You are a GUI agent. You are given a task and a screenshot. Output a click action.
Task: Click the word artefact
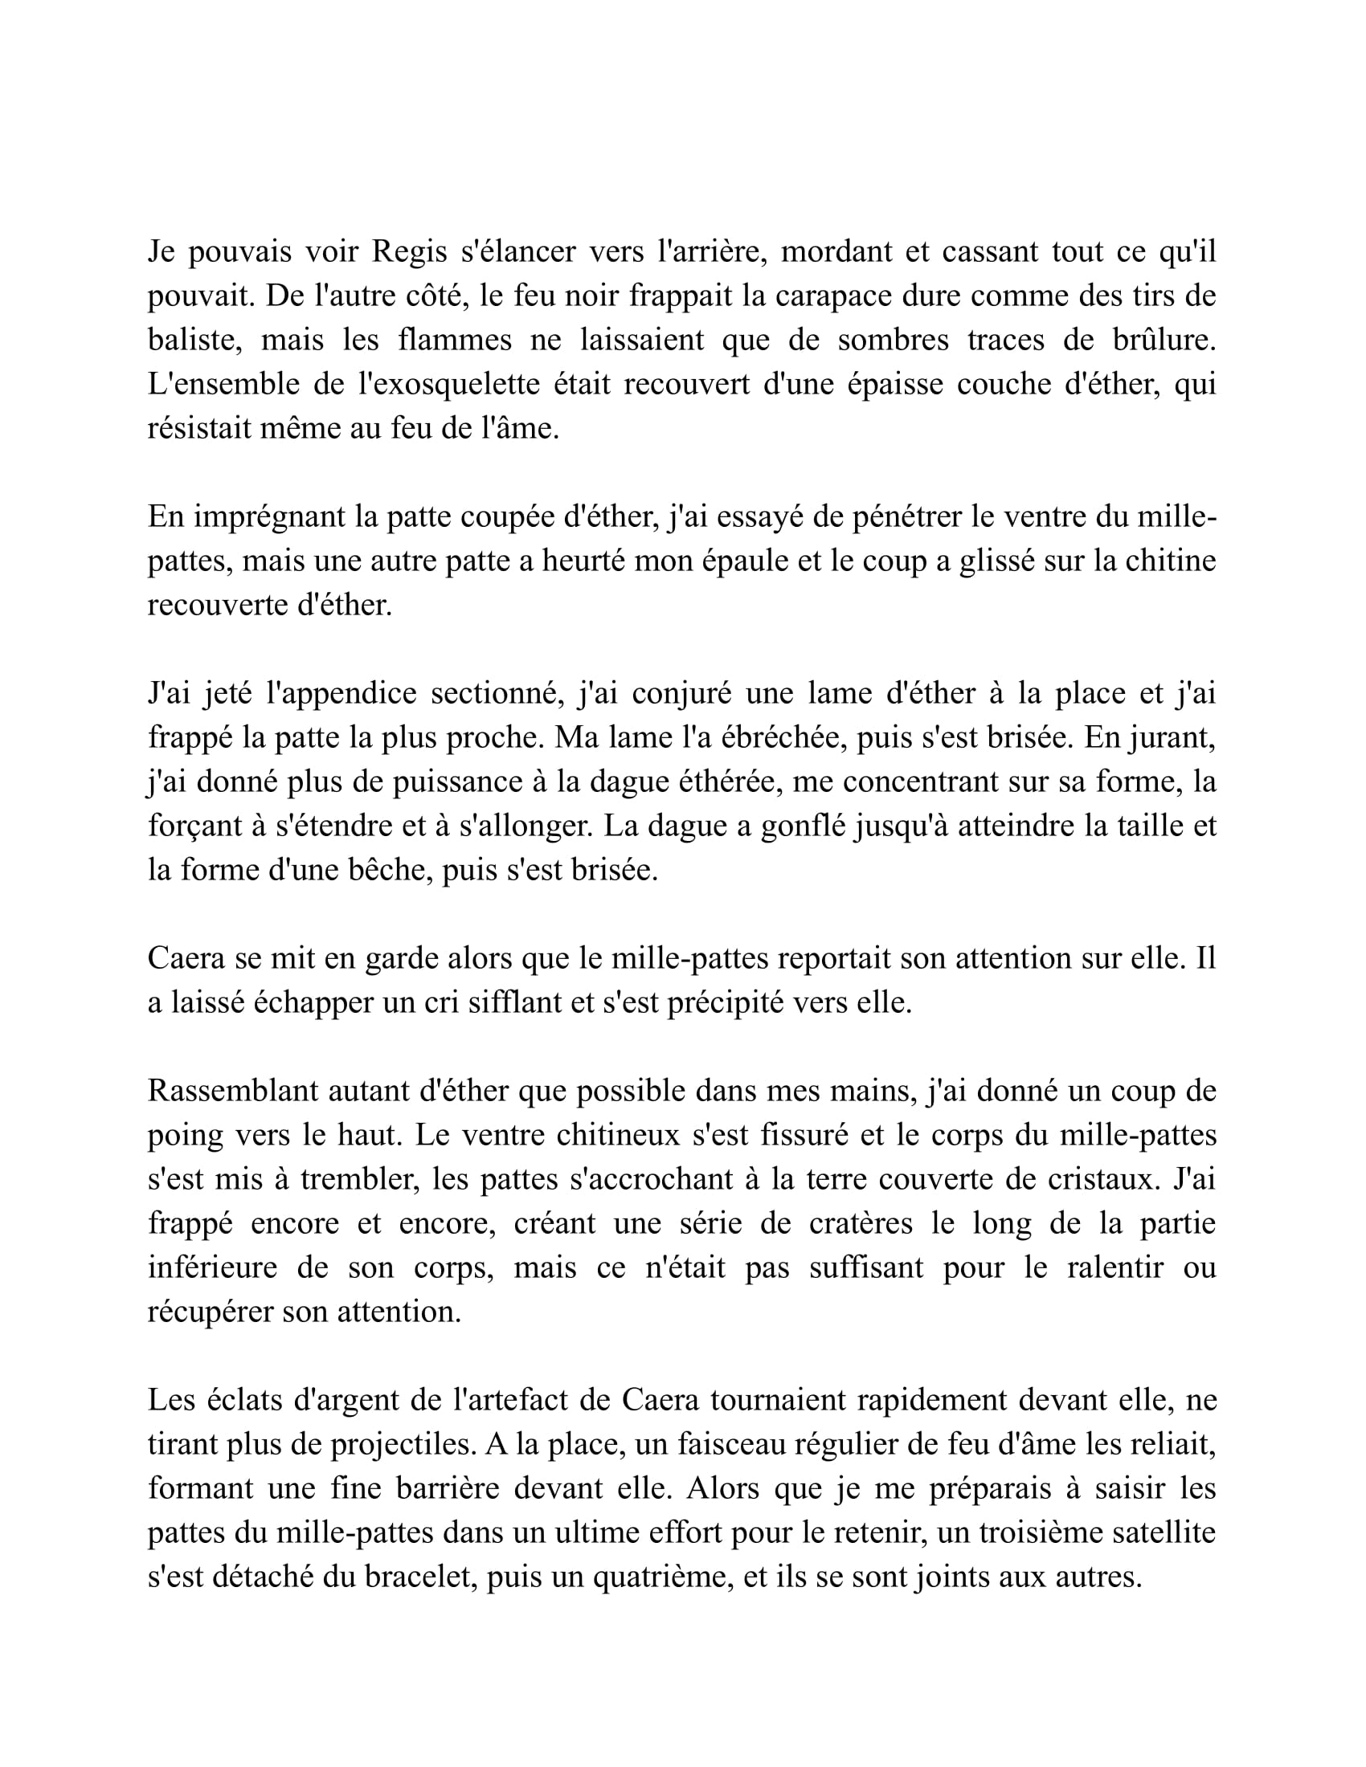tap(474, 1400)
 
